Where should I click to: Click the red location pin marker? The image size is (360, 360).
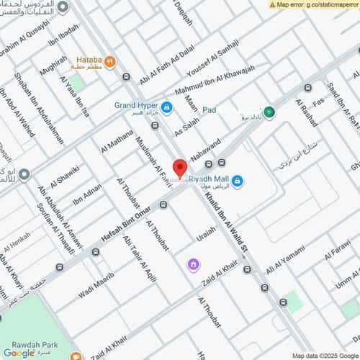(179, 168)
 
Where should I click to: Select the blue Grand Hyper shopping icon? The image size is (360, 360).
(167, 108)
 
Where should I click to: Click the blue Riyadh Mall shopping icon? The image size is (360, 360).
(237, 180)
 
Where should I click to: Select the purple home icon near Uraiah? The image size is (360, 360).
(193, 265)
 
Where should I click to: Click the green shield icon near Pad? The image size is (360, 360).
(269, 112)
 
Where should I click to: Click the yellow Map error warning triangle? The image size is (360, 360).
(273, 4)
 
